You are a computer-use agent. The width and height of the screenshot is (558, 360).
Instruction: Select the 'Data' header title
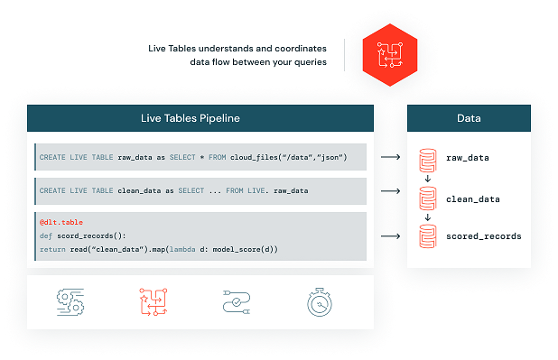(468, 118)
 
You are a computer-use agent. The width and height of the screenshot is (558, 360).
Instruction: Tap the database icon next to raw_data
(427, 159)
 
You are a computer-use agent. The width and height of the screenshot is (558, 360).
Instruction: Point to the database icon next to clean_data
(427, 198)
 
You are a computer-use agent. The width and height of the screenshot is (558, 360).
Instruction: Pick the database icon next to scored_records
(427, 236)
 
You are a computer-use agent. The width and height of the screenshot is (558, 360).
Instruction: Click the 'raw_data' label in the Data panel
(468, 158)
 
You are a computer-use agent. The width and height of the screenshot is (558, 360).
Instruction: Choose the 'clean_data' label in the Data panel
(472, 198)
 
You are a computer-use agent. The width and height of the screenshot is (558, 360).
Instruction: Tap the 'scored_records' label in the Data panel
(483, 236)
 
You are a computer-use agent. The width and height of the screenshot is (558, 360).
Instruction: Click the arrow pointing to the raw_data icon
(391, 158)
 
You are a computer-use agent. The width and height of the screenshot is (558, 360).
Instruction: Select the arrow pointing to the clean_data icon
(391, 191)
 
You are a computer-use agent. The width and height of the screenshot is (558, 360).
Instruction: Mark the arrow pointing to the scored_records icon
(391, 236)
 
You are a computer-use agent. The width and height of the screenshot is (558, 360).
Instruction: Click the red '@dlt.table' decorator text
(60, 221)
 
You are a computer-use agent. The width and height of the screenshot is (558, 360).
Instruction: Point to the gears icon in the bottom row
(70, 303)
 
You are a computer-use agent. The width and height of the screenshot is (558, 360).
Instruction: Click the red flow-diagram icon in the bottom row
(154, 303)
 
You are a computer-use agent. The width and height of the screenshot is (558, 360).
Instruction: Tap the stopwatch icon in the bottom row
(322, 303)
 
